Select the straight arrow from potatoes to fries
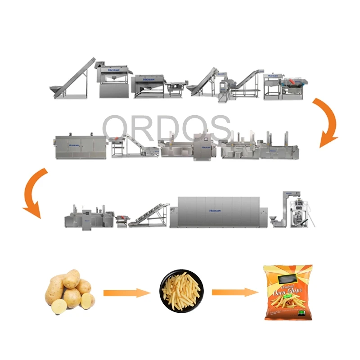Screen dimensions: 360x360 126,293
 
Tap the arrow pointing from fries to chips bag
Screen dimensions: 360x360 234,292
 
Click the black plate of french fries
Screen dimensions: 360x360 182,291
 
